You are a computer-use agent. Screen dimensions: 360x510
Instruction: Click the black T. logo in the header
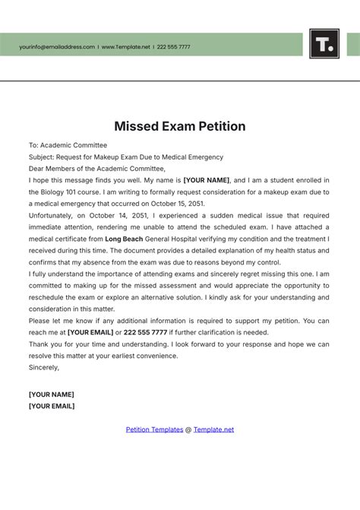[324, 43]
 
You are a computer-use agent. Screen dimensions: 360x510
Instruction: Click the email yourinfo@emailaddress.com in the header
[57, 47]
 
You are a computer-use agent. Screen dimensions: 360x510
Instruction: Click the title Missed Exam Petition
[180, 126]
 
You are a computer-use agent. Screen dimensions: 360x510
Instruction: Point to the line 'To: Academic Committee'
[68, 145]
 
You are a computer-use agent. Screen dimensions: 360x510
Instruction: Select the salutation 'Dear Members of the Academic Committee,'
[96, 169]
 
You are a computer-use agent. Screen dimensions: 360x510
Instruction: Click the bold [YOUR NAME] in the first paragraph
[206, 181]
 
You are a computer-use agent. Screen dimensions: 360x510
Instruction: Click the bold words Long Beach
[124, 239]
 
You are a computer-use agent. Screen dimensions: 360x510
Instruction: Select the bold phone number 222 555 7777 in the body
[145, 333]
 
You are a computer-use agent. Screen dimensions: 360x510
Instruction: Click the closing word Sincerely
[43, 368]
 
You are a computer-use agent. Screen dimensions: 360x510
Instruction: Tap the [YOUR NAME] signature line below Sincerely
[51, 394]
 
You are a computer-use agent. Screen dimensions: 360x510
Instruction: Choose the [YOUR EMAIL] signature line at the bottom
[51, 406]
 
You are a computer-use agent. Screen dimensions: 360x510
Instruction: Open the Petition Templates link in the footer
[154, 429]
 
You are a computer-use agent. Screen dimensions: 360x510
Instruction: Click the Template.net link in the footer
[213, 429]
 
